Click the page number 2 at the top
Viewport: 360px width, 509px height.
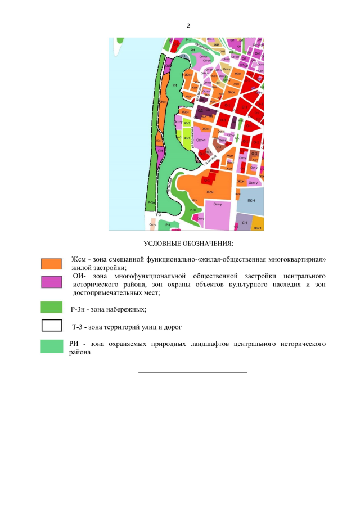coord(188,26)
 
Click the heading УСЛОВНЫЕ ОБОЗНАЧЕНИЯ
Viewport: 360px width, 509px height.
coord(188,243)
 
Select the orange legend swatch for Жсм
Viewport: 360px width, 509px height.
coord(52,263)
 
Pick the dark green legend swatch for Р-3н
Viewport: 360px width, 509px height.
coord(52,307)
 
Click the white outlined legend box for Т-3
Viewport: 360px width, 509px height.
coord(52,326)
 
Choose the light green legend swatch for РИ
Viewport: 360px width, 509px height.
coord(52,346)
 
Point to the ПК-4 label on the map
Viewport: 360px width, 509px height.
coord(251,201)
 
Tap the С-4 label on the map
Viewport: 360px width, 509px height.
coord(245,223)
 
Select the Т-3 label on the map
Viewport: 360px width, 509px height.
coord(158,215)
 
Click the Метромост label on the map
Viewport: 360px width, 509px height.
coord(202,48)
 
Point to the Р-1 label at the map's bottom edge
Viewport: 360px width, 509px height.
coord(168,224)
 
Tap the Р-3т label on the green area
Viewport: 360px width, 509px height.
coord(193,209)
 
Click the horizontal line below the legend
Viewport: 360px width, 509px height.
coord(192,372)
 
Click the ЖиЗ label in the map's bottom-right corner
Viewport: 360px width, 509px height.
coord(258,228)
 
